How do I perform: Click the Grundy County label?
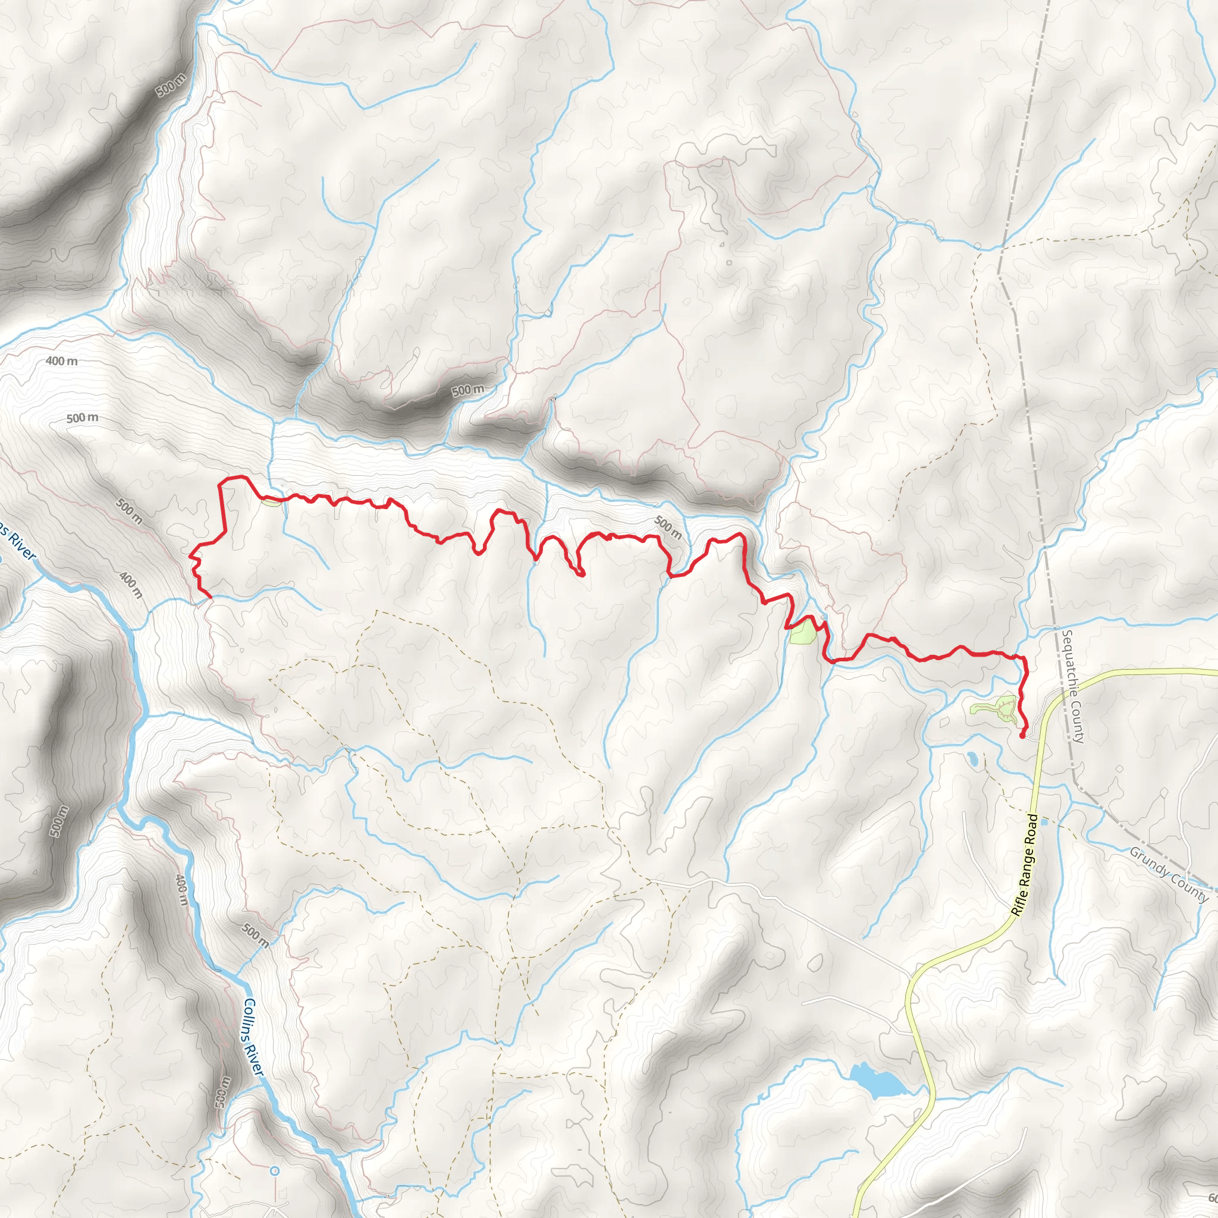(x=1168, y=875)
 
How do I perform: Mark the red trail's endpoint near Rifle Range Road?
(x=1022, y=735)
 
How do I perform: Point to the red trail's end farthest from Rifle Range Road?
(x=209, y=596)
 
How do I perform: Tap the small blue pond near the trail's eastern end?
(x=974, y=758)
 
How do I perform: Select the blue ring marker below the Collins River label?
(x=274, y=1170)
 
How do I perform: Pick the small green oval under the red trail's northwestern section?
(x=271, y=503)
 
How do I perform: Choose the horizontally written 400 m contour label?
(x=62, y=361)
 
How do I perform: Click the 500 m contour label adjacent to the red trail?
(x=668, y=528)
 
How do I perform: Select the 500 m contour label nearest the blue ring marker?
(x=224, y=1090)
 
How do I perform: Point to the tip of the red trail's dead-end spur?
(x=582, y=575)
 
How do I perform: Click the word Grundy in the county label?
(x=1147, y=864)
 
